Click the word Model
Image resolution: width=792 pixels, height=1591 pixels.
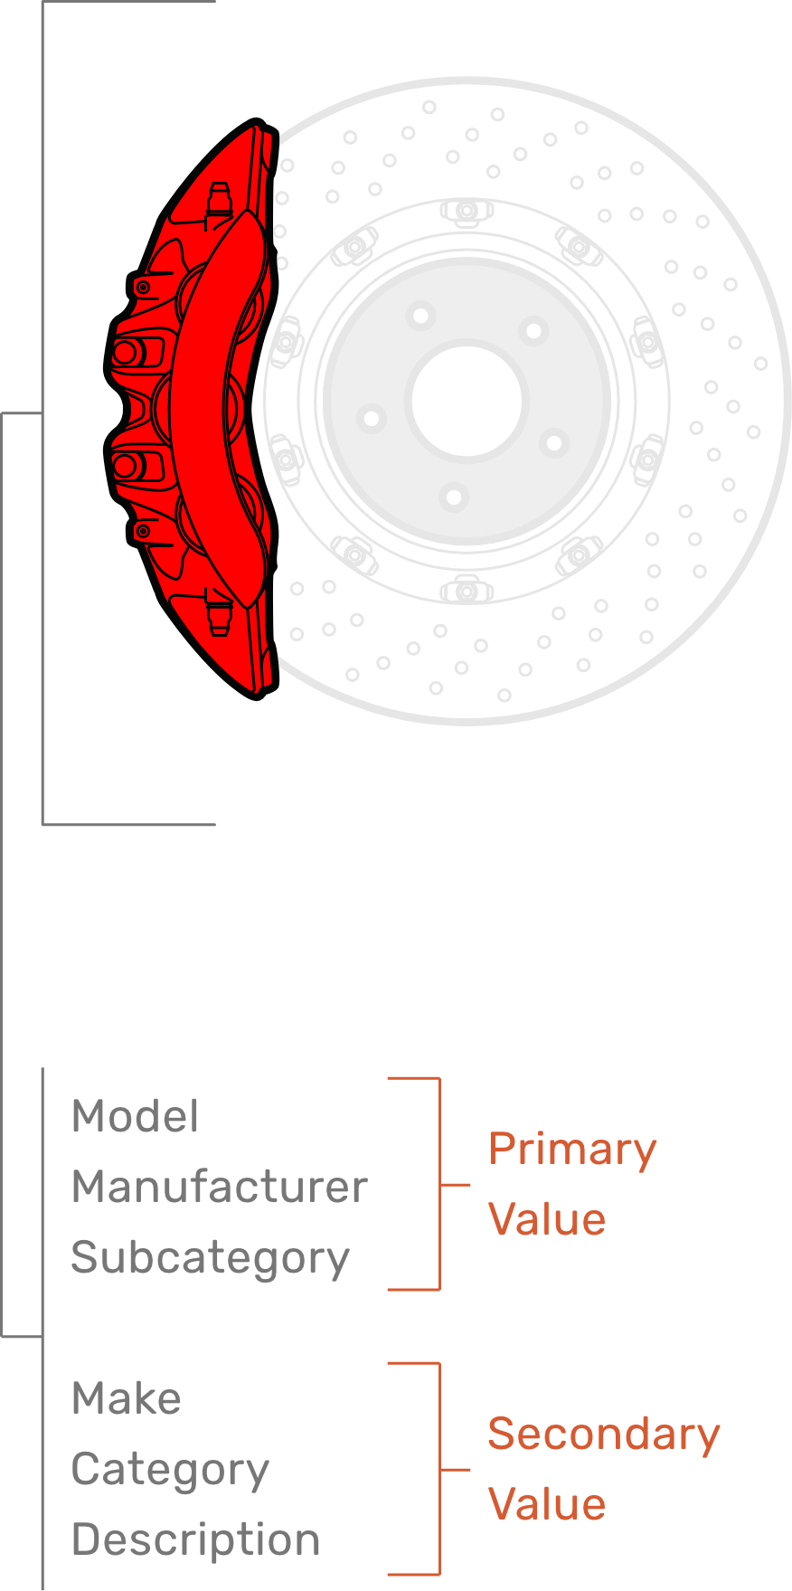tap(135, 1116)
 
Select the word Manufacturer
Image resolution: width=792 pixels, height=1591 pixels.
tap(219, 1187)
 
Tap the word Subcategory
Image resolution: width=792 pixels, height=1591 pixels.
tap(210, 1258)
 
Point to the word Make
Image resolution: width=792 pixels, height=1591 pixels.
tap(126, 1398)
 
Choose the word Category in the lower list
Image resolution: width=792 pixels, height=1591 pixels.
tap(170, 1470)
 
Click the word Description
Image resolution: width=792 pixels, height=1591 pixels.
tap(195, 1540)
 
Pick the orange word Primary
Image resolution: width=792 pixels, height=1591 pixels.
tap(571, 1151)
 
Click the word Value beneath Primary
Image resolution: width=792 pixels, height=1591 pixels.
tap(546, 1219)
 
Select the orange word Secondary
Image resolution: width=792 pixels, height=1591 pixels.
tap(603, 1435)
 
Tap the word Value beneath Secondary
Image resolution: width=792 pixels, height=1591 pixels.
tap(546, 1504)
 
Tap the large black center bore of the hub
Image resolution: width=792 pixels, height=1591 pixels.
tap(467, 402)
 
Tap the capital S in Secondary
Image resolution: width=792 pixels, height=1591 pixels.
tap(501, 1435)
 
